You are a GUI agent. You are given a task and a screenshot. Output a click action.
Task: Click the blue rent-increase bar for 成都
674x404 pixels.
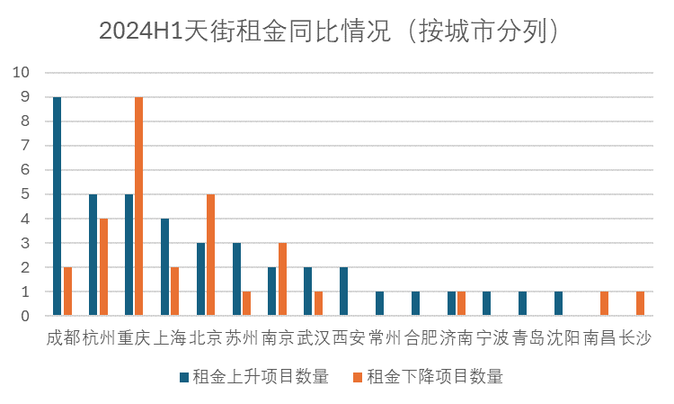point(57,206)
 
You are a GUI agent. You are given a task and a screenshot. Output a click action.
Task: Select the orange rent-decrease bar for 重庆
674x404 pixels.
point(138,206)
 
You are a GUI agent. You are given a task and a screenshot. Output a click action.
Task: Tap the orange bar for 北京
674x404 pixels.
point(210,255)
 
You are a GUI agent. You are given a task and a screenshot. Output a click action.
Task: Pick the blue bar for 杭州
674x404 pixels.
point(93,255)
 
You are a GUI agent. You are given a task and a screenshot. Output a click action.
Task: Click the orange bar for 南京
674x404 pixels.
point(282,279)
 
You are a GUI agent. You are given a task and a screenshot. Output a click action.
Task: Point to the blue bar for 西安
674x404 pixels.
point(344,292)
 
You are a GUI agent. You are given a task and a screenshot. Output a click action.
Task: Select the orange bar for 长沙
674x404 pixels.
point(640,304)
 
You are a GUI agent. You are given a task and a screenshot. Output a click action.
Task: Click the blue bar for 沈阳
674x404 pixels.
point(558,304)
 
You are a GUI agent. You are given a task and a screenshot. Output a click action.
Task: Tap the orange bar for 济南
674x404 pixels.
point(461,304)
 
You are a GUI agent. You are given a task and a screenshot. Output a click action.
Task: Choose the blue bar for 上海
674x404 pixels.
point(164,267)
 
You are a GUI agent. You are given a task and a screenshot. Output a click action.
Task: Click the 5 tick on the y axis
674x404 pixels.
point(26,194)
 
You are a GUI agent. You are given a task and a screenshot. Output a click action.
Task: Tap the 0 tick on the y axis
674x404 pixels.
point(26,317)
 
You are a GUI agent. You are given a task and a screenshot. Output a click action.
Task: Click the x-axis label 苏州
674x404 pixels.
point(242,338)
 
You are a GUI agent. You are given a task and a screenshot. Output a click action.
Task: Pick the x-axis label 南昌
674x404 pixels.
point(599,338)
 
